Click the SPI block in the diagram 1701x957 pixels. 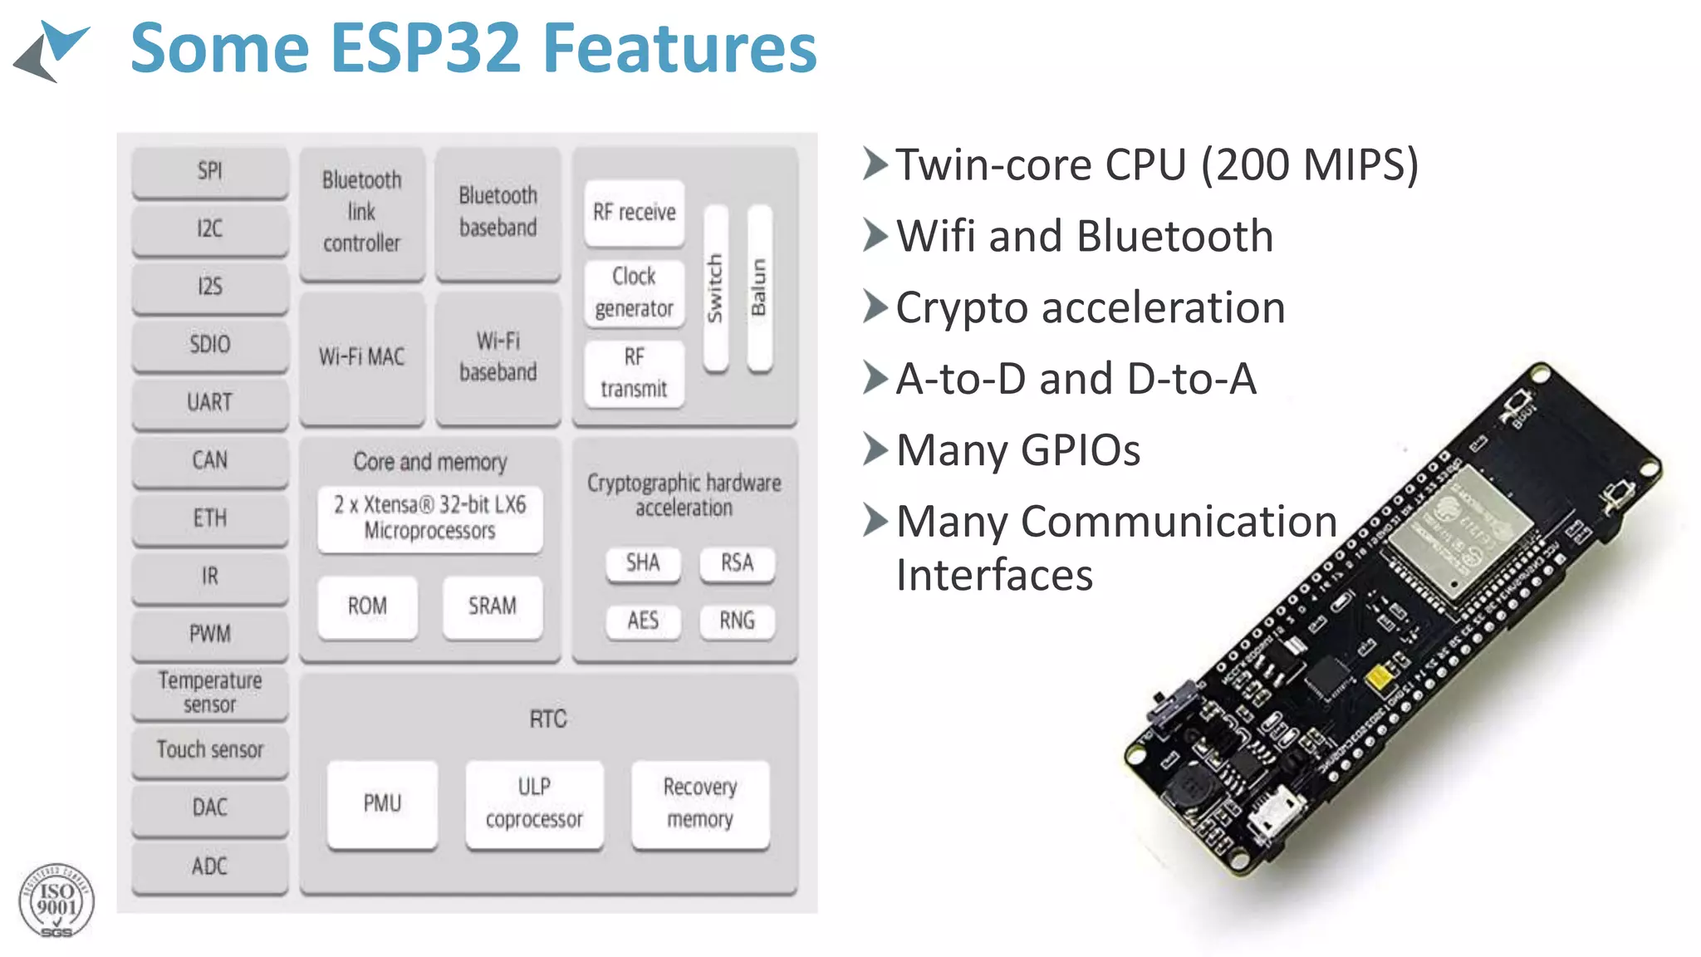[x=210, y=171]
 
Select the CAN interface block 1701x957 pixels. [x=210, y=460]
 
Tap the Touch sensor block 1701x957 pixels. [x=210, y=750]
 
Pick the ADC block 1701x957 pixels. [x=210, y=866]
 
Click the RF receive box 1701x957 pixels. [x=634, y=213]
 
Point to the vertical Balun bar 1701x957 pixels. [x=759, y=287]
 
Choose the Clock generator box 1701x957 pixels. [x=634, y=292]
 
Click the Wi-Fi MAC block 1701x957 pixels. [x=361, y=357]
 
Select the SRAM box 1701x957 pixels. [x=492, y=606]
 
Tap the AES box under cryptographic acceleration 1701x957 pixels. [x=643, y=621]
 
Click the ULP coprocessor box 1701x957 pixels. [x=534, y=803]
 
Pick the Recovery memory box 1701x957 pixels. [x=699, y=803]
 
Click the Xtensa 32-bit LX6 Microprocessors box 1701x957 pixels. [x=429, y=518]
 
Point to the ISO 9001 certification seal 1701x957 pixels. [x=56, y=901]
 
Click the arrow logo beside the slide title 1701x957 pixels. [x=51, y=50]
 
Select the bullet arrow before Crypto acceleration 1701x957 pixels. [x=875, y=307]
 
